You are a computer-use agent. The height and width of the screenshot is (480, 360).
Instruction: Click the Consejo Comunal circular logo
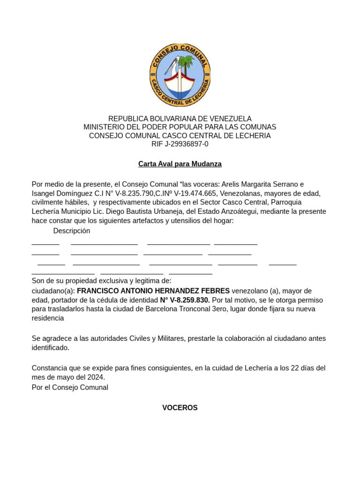[x=180, y=75]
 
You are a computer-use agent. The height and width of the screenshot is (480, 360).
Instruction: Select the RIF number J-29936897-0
[x=187, y=144]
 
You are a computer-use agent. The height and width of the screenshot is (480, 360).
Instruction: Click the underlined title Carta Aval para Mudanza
[x=180, y=164]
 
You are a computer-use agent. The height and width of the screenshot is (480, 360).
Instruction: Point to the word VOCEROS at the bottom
[x=180, y=408]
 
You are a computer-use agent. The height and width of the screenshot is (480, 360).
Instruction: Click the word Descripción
[x=72, y=231]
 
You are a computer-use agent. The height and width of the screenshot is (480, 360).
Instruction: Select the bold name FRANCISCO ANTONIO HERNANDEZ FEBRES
[x=153, y=291]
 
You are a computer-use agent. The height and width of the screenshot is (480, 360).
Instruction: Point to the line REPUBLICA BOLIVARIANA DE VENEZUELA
[x=180, y=119]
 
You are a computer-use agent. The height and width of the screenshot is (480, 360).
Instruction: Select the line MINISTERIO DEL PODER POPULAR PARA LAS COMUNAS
[x=180, y=127]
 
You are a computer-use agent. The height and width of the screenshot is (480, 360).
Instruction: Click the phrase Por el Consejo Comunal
[x=70, y=388]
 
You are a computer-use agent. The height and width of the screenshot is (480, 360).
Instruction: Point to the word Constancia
[x=50, y=368]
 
